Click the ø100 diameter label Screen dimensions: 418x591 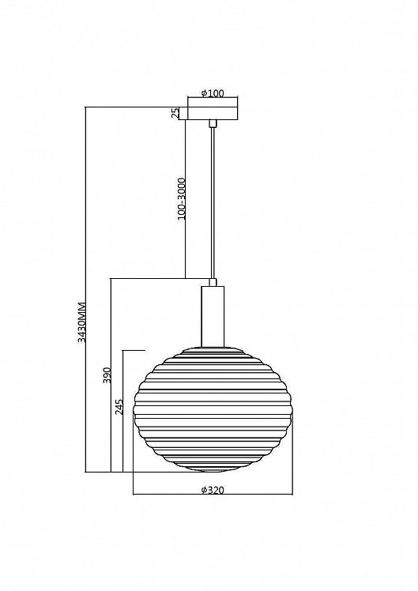(x=213, y=93)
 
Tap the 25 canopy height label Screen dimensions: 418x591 (x=175, y=114)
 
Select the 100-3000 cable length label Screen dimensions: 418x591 (x=181, y=199)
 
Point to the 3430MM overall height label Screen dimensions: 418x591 (x=82, y=322)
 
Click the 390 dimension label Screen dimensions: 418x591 (x=107, y=375)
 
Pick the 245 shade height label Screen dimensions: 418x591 (x=119, y=407)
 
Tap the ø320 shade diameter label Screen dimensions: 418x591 (x=213, y=490)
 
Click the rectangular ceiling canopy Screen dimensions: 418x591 (x=213, y=114)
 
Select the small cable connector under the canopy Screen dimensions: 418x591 (x=213, y=123)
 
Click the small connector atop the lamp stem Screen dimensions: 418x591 (x=213, y=282)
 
